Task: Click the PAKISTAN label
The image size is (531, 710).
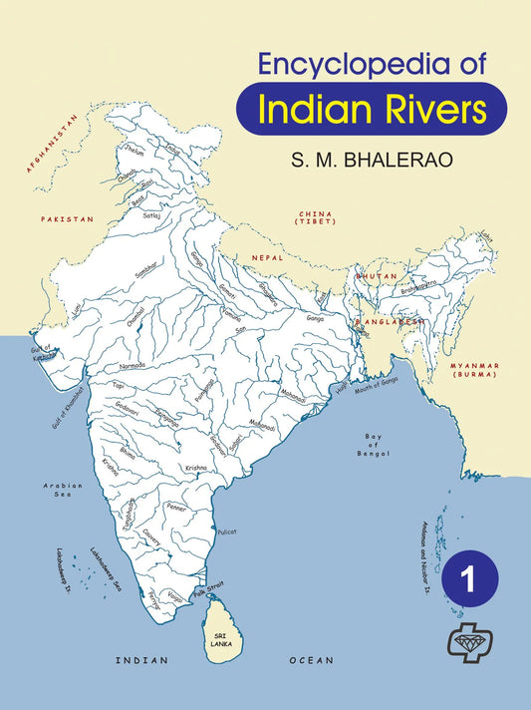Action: click(x=67, y=217)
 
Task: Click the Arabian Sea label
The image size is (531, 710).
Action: click(x=62, y=490)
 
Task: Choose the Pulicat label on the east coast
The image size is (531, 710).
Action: click(x=227, y=532)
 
